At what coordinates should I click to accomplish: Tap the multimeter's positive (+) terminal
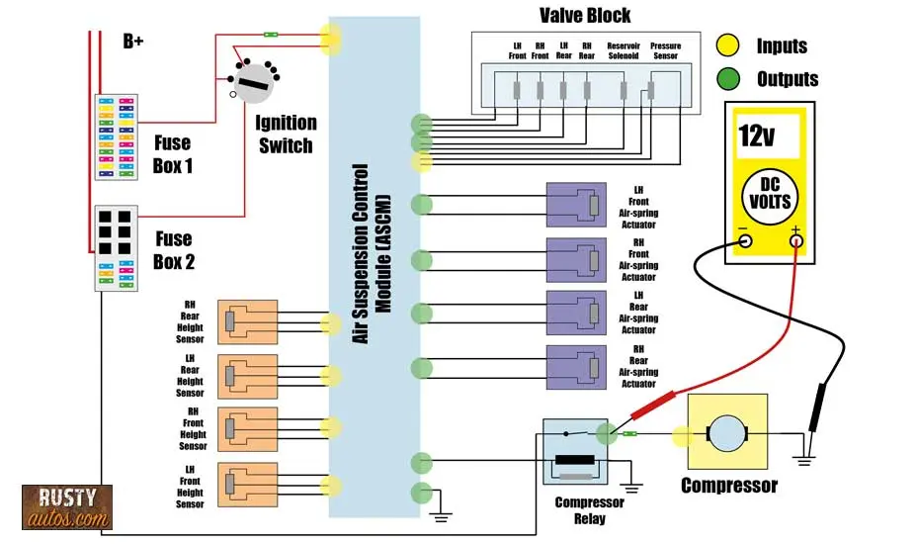pos(795,240)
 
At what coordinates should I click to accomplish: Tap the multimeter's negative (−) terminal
pos(745,240)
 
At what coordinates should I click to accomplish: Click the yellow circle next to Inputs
pos(728,45)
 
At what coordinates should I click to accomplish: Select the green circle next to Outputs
pos(728,78)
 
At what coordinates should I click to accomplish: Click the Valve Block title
pos(585,15)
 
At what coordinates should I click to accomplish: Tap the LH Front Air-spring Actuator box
pos(576,205)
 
